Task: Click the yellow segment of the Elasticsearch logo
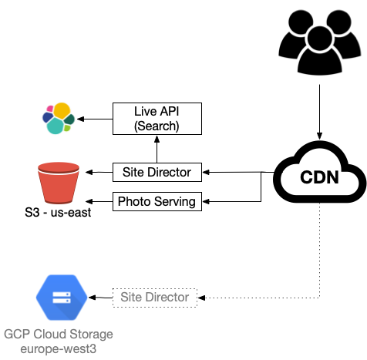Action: pos(62,110)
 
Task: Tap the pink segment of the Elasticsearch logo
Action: pos(50,109)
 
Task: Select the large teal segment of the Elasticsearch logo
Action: pos(55,126)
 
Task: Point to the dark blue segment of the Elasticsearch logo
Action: pos(45,118)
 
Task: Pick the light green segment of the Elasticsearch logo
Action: pos(68,128)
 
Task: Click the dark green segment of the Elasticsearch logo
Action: pos(69,119)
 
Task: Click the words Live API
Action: pos(157,112)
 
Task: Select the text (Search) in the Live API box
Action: pos(157,126)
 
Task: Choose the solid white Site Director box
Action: pos(157,172)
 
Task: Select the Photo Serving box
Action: pos(157,202)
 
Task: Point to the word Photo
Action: pos(133,202)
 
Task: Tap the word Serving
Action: pos(174,202)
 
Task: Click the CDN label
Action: pos(317,179)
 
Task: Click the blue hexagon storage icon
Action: pos(62,297)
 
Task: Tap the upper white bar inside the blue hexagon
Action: pos(62,293)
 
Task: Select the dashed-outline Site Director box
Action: pos(155,298)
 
